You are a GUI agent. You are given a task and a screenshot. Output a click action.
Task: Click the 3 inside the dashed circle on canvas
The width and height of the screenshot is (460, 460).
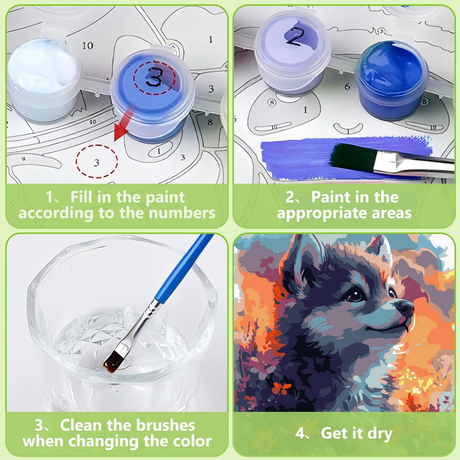click(x=97, y=163)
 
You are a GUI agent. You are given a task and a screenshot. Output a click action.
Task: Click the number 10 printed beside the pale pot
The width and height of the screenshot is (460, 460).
click(x=88, y=46)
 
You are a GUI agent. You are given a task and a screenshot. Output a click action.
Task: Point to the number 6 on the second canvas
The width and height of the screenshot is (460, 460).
click(x=347, y=87)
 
